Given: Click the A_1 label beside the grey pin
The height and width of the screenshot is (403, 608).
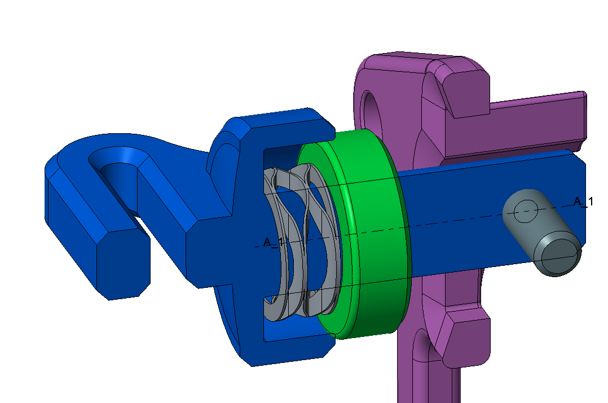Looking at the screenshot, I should point(583,201).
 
